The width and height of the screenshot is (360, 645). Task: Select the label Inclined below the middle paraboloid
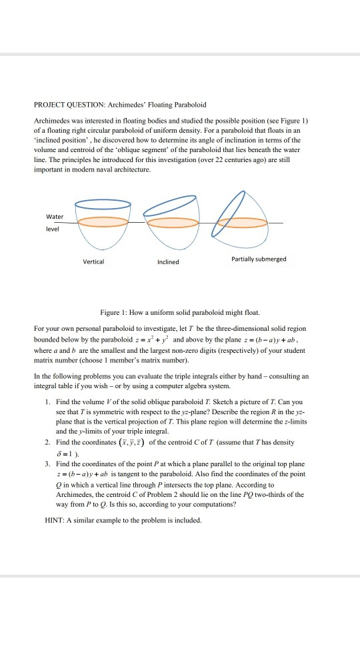(168, 262)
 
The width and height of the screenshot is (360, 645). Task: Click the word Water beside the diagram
(55, 217)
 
